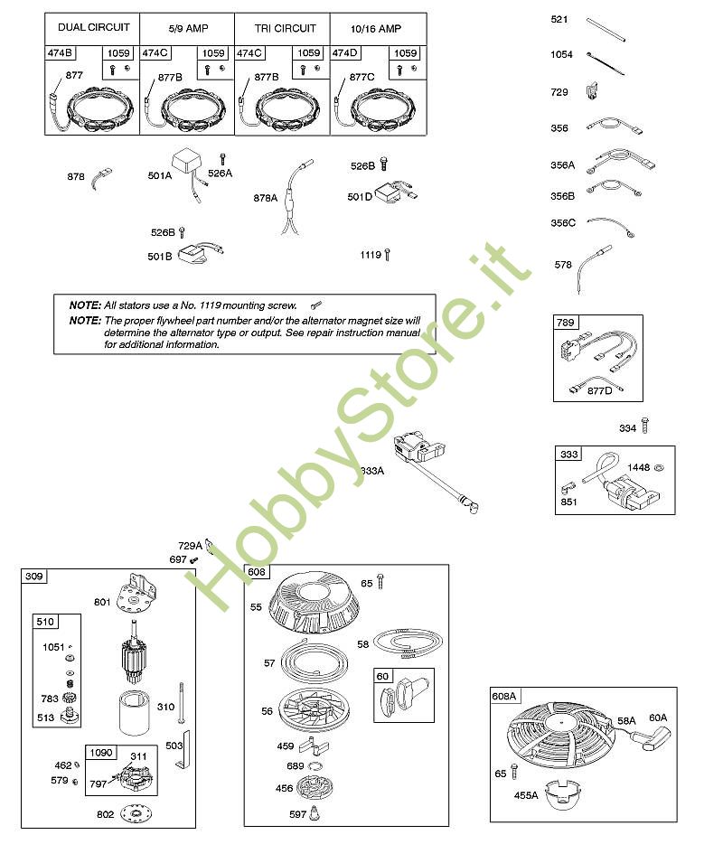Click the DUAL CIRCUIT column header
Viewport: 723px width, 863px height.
(x=94, y=27)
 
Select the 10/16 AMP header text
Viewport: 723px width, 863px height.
(x=376, y=29)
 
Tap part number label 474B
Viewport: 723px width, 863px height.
(x=60, y=52)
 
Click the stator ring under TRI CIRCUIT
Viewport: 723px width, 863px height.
(x=282, y=110)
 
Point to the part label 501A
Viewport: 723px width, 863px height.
(x=160, y=175)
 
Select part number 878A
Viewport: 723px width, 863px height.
(x=265, y=198)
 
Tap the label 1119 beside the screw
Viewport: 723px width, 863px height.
(x=371, y=255)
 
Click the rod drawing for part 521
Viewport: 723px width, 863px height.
(x=606, y=30)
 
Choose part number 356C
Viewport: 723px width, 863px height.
(x=563, y=223)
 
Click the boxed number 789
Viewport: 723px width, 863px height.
(x=565, y=323)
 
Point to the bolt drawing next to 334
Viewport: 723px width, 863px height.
(x=645, y=425)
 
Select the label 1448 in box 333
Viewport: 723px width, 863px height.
(x=638, y=467)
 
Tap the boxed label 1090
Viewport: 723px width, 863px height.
(x=100, y=753)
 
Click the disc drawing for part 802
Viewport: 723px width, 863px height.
(x=136, y=813)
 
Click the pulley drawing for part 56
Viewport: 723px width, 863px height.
(x=315, y=709)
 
